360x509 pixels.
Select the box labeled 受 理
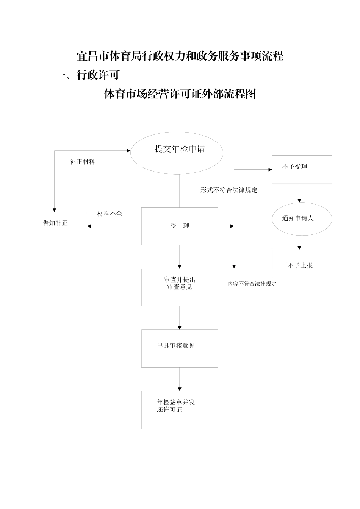179,226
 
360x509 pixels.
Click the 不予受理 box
302,169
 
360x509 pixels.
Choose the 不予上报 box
302,264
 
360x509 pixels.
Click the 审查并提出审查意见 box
179,287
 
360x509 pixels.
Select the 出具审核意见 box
179,348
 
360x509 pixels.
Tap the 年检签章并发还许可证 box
179,409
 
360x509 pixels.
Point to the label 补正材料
83,162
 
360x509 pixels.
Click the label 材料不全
110,214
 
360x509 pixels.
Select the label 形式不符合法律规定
229,190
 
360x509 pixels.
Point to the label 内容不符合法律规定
252,284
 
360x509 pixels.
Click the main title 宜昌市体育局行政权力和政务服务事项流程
180,56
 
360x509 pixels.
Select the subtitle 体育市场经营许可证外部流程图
180,94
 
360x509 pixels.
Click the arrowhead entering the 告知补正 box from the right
89,226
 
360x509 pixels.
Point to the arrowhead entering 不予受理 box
270,169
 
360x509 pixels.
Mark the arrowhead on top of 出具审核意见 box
180,328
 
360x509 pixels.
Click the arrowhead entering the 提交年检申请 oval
128,150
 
